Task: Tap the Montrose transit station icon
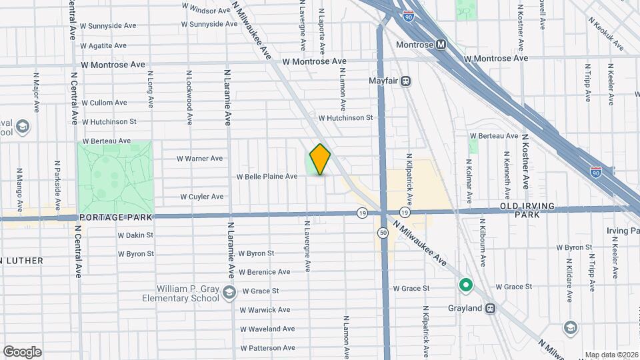tap(441, 45)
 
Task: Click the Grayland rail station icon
tap(491, 309)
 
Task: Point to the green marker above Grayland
tap(466, 286)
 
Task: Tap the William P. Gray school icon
tap(229, 292)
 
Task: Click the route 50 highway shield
tap(383, 232)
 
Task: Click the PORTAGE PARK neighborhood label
tap(116, 217)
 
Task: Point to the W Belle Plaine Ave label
tap(267, 177)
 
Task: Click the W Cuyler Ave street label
tap(202, 197)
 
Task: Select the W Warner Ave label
tap(199, 159)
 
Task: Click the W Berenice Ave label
tap(265, 272)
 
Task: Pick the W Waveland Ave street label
tap(267, 329)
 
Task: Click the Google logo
tap(22, 351)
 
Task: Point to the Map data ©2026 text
tap(611, 355)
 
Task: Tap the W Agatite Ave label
tap(103, 45)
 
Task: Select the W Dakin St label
tap(135, 235)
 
